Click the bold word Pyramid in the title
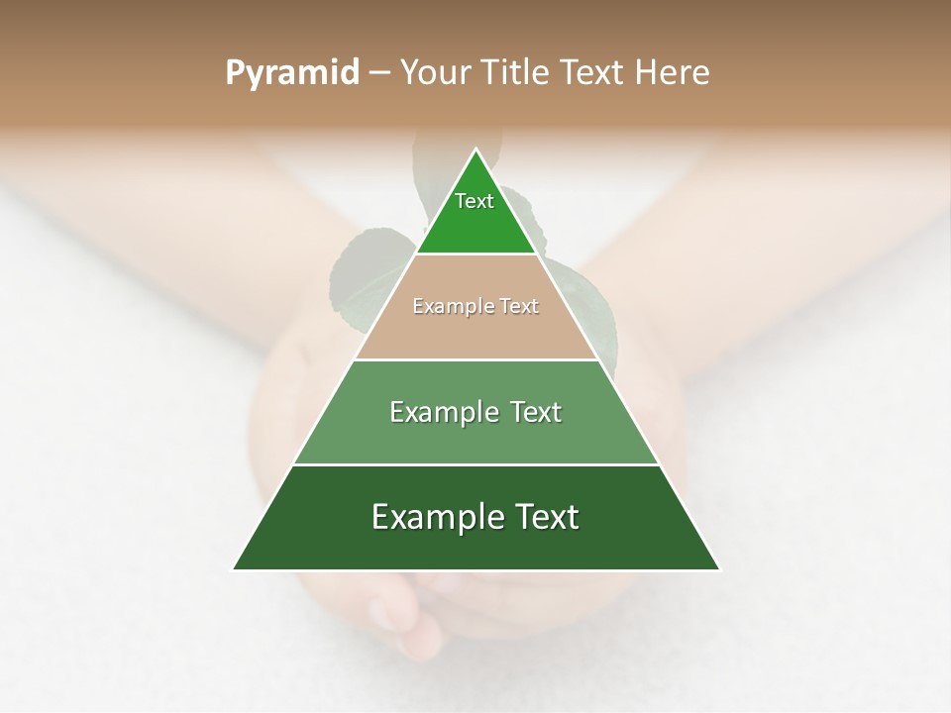pyautogui.click(x=291, y=73)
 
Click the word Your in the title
pyautogui.click(x=435, y=72)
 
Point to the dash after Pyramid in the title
pyautogui.click(x=379, y=73)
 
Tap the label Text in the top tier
pyautogui.click(x=475, y=201)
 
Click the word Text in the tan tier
pyautogui.click(x=516, y=307)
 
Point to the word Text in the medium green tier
pyautogui.click(x=536, y=412)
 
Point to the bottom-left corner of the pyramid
pyautogui.click(x=234, y=569)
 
